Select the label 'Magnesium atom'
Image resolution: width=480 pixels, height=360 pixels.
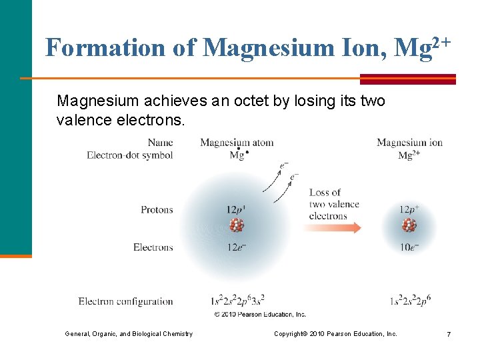(237, 142)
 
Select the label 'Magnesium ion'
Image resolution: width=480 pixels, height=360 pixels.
(409, 142)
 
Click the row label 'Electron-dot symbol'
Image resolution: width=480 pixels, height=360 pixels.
(129, 155)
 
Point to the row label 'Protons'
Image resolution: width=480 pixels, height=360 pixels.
(157, 209)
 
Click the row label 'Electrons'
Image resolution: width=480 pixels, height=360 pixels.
(153, 247)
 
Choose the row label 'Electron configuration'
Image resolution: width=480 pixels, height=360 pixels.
(125, 301)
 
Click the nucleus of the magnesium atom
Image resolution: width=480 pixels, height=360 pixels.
(237, 225)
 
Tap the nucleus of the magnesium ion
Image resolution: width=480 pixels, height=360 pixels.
(409, 225)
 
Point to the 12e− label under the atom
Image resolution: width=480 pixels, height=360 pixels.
(237, 247)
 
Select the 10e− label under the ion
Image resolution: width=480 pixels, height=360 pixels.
(409, 247)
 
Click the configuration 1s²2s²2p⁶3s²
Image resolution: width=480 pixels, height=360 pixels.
(237, 301)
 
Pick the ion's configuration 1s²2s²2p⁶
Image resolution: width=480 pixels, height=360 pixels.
(410, 301)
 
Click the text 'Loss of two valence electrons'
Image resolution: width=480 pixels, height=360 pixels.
(333, 204)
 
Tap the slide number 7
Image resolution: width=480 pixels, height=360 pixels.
(449, 333)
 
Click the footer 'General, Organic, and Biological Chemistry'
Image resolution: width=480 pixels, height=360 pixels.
(129, 333)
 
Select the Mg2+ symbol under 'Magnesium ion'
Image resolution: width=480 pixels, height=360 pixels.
(409, 155)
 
